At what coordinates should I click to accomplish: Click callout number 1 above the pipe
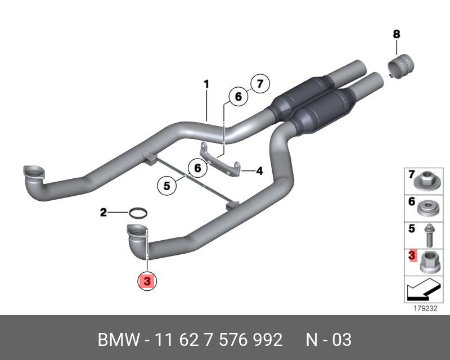point(206,84)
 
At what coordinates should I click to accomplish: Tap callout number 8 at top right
point(396,34)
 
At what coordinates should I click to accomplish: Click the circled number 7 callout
point(259,84)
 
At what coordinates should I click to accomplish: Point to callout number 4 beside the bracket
point(259,171)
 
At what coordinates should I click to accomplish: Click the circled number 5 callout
point(167,184)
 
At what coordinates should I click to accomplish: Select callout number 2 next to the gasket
point(103,212)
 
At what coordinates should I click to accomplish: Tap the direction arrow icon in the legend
point(419,291)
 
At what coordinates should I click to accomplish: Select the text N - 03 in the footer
point(328,340)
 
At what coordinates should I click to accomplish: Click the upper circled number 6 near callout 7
point(238,97)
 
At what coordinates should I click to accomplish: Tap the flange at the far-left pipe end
point(33,173)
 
